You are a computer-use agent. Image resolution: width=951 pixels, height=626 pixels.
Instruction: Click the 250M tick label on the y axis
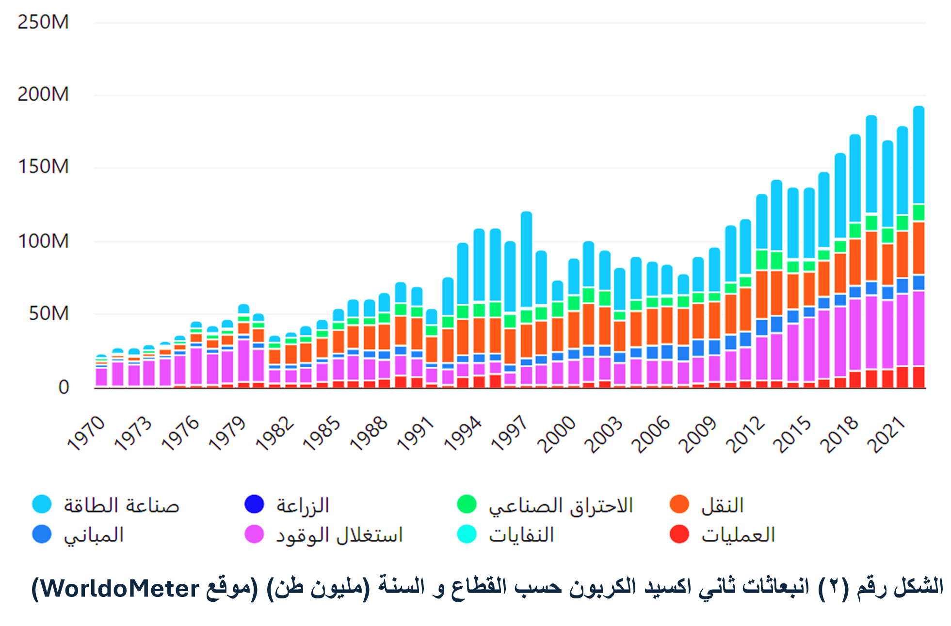[43, 22]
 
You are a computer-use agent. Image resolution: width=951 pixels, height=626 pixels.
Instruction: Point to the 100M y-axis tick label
[43, 241]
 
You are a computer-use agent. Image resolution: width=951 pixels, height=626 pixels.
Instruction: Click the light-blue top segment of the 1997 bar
[526, 259]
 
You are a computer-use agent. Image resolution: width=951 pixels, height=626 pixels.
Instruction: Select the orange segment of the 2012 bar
[762, 295]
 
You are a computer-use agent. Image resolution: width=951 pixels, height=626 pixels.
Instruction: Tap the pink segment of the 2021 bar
[903, 329]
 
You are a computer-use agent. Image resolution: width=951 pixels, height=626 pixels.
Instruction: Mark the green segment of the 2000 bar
[574, 303]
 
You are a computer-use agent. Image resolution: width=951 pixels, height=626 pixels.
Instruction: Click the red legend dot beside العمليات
[679, 534]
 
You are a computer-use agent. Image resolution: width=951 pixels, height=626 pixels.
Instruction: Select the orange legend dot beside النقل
[679, 504]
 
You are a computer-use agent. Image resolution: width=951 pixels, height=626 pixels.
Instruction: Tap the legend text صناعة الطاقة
[122, 505]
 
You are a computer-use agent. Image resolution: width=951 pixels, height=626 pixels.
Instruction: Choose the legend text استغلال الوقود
[339, 535]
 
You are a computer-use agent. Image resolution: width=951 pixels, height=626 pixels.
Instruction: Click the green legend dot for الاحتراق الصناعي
[467, 504]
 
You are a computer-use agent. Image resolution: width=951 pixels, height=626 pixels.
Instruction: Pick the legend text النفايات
[521, 535]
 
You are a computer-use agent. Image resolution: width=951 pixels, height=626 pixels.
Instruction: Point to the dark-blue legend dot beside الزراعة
[254, 504]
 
